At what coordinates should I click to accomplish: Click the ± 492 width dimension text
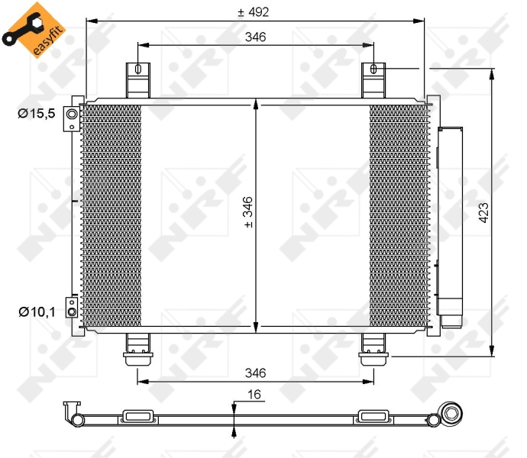pos(254,11)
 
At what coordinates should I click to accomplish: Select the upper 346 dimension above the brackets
pos(255,37)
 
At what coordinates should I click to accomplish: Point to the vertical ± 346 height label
pos(247,212)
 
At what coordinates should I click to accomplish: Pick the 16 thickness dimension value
pos(254,395)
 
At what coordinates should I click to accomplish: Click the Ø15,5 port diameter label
pos(37,114)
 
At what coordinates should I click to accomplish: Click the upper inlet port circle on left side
pos(72,115)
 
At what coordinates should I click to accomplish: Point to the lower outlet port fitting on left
pos(71,308)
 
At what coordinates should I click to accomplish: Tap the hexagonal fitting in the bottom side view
pos(451,416)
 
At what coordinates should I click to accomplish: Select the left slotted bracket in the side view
pos(137,417)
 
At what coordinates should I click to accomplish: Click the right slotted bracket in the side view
pos(373,417)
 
